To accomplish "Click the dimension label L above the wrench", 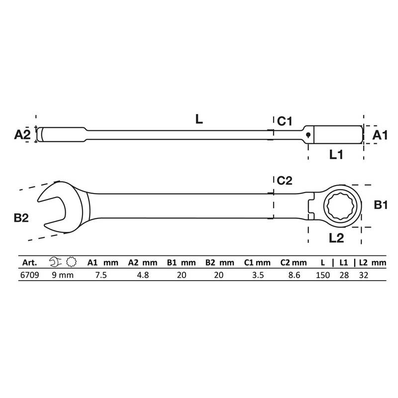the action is tap(199, 119).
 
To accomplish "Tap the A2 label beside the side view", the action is tap(22, 134).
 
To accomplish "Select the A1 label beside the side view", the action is tap(380, 135).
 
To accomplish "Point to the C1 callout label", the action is tap(285, 121).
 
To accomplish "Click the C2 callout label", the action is tap(285, 181).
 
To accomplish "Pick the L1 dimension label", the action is tap(336, 154).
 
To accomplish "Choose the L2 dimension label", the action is tap(336, 238).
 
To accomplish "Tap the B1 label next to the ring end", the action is tap(381, 205).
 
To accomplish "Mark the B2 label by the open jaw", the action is tap(21, 218).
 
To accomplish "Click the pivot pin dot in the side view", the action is tap(308, 134).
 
